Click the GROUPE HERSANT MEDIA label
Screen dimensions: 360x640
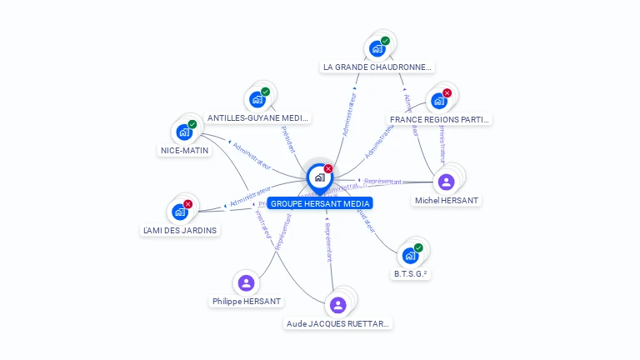[320, 203]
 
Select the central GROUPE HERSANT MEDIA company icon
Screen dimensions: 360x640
[319, 177]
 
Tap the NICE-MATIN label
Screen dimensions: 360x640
[184, 151]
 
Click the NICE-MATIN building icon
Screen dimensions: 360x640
[184, 132]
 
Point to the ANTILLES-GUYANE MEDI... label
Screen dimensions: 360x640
[257, 118]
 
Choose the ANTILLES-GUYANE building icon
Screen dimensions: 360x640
[257, 99]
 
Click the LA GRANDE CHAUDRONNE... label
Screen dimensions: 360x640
[377, 67]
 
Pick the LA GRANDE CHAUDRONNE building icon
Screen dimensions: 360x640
[377, 48]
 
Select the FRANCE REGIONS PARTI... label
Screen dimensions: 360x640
[439, 119]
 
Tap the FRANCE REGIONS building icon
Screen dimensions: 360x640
[439, 100]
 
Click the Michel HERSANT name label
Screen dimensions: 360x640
[447, 201]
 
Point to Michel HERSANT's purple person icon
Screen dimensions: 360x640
[447, 182]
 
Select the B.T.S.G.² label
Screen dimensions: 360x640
[412, 273]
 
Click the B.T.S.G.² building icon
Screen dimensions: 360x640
[410, 255]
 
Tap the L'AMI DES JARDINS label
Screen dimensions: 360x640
[180, 230]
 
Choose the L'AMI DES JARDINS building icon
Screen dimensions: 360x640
[180, 212]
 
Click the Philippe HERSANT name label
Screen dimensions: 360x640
[247, 302]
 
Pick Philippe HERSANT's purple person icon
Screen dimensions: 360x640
[246, 283]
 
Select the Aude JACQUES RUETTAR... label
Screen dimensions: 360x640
[337, 323]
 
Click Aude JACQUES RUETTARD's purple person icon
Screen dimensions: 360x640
[337, 305]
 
